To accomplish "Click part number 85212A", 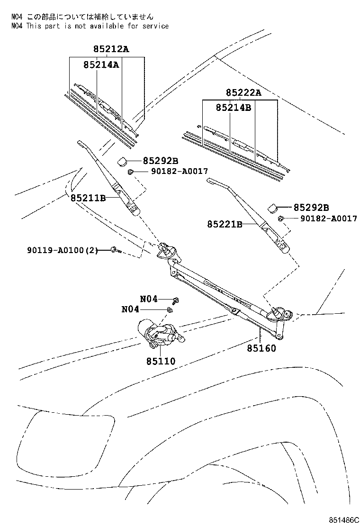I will coord(108,49).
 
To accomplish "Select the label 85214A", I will coord(101,65).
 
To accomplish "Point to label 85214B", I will coord(233,108).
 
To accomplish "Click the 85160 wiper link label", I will coord(261,348).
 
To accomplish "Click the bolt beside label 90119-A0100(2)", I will coord(115,249).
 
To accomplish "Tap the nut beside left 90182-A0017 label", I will coord(130,171).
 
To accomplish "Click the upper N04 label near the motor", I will coord(148,299).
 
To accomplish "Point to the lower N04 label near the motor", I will coord(130,309).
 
